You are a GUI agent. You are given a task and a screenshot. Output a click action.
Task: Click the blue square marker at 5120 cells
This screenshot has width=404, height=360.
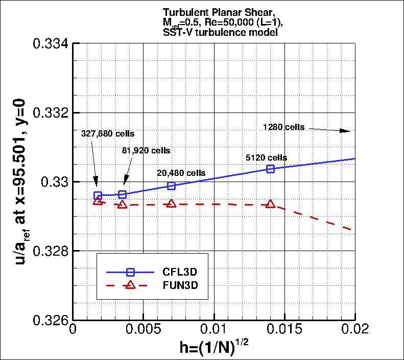click(x=271, y=169)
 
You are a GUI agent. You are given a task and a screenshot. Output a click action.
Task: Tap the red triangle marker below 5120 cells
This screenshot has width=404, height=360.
click(x=270, y=204)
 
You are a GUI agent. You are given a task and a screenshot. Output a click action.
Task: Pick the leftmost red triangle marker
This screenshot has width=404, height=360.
click(x=98, y=201)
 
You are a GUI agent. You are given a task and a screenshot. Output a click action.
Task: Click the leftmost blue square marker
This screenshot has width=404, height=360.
click(x=98, y=195)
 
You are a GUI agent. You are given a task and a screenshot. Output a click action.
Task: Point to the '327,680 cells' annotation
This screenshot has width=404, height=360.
click(x=108, y=133)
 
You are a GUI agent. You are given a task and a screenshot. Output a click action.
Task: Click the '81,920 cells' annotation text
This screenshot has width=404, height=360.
click(x=146, y=151)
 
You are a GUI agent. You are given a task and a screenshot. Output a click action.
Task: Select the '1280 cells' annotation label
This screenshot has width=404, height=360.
click(x=283, y=127)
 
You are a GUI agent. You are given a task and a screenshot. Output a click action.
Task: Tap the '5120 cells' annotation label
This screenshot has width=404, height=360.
click(x=266, y=157)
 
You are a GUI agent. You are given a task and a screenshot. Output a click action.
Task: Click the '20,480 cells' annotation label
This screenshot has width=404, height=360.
click(x=181, y=173)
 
